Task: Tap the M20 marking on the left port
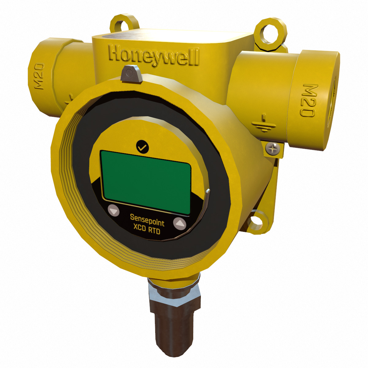pos(39,76)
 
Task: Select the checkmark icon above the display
pos(142,146)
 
